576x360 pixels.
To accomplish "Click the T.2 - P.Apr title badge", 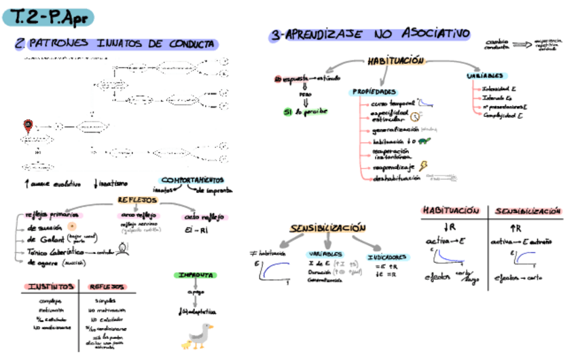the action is (48, 17).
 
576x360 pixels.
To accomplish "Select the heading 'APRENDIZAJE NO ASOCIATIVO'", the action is (370, 34).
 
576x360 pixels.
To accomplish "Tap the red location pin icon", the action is (28, 125).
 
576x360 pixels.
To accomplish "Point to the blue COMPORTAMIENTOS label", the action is (192, 181).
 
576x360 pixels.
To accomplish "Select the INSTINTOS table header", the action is (47, 287).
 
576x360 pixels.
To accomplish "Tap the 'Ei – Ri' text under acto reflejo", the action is (196, 231).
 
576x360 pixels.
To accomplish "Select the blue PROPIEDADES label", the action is (374, 92).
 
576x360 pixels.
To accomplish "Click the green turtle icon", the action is (425, 141).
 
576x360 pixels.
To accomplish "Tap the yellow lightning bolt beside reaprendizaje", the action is (422, 166).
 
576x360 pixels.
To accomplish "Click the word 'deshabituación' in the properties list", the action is (397, 178).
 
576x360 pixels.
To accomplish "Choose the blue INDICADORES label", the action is (388, 257).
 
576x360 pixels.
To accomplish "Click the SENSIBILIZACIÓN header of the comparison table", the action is (528, 211).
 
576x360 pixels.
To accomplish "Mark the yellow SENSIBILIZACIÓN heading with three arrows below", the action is (327, 228).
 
